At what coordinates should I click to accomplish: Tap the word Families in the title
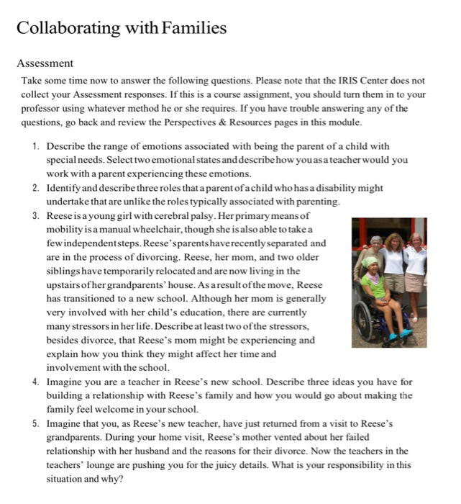(194, 28)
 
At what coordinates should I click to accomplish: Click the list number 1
(36, 147)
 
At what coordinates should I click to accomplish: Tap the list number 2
(36, 188)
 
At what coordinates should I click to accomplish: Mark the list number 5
(36, 423)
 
